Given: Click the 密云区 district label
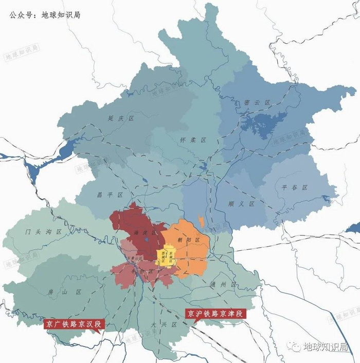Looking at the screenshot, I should tap(258, 102).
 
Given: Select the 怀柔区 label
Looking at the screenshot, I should tap(193, 140).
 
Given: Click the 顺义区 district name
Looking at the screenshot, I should tap(242, 204).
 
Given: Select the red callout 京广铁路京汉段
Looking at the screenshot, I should tap(74, 324).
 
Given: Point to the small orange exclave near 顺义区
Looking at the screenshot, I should tap(201, 222).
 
